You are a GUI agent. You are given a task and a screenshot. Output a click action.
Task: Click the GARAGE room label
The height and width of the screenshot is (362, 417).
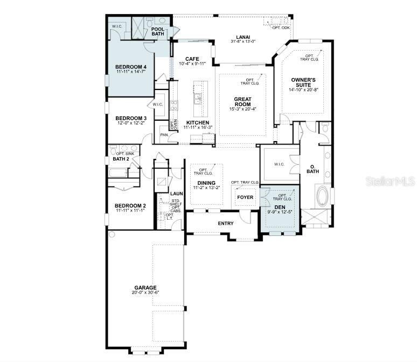[x=145, y=288]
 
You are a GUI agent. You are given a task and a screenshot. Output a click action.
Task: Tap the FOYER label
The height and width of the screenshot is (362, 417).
[x=245, y=197]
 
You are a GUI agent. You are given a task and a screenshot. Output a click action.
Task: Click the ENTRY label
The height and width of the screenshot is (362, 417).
[x=226, y=223]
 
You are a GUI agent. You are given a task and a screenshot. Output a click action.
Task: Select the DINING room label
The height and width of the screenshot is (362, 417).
[x=206, y=183]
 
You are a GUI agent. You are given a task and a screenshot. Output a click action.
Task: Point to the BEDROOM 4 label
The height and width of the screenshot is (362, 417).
[x=131, y=67]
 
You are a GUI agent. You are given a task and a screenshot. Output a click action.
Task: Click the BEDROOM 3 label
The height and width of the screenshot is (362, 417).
[x=131, y=118]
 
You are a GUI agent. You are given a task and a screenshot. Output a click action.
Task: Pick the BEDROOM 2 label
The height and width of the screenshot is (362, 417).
[x=130, y=206]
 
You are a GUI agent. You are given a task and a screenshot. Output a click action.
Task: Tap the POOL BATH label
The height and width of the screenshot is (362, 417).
[x=158, y=31]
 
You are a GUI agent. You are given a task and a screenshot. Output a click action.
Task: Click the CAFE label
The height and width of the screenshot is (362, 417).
[x=192, y=59]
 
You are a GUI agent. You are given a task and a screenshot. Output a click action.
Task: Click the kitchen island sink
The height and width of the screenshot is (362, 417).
[x=198, y=99]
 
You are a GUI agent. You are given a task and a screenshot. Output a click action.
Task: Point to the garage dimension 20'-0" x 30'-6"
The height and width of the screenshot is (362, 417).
[x=145, y=293]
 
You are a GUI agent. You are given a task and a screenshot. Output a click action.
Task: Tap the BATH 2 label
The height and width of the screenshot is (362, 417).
[x=121, y=159]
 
